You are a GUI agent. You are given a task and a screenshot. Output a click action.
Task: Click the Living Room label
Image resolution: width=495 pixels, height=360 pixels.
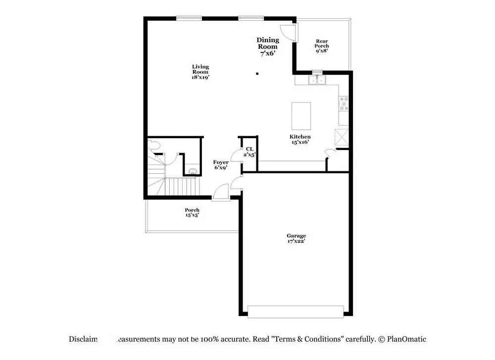(x=200, y=72)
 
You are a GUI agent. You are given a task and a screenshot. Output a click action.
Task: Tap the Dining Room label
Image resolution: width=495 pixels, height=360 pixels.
(x=268, y=47)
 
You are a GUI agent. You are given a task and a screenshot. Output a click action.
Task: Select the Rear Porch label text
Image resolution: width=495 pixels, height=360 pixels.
(x=322, y=46)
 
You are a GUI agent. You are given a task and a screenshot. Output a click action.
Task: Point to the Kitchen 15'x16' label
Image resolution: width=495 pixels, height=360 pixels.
(x=300, y=139)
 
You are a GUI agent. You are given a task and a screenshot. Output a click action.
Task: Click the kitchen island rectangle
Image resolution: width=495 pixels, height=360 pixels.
(x=301, y=116)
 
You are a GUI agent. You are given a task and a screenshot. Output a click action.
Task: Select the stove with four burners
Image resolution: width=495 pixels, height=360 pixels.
(x=344, y=104)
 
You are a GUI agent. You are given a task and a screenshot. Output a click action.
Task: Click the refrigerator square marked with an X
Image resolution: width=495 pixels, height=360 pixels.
(x=342, y=137)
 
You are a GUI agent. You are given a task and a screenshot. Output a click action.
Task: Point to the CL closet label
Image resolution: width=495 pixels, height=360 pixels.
(x=249, y=152)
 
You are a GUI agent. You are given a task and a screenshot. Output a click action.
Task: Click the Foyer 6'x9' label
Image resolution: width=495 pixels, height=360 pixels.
(x=221, y=165)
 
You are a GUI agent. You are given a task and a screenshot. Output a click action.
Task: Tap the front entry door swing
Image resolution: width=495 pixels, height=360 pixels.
(x=221, y=192)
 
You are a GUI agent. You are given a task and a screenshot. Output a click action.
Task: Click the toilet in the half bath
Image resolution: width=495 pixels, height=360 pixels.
(x=154, y=146)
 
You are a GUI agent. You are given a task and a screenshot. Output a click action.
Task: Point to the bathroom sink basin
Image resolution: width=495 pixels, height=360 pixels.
(x=193, y=171)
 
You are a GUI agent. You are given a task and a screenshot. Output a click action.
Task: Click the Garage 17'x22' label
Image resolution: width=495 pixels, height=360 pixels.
(x=296, y=239)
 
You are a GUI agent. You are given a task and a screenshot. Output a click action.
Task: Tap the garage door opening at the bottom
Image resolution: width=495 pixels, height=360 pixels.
(x=296, y=311)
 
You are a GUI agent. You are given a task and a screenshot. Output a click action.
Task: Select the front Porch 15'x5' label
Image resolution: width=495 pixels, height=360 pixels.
(x=192, y=213)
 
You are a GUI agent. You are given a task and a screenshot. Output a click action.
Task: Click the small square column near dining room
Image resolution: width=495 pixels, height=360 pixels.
(x=257, y=74)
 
